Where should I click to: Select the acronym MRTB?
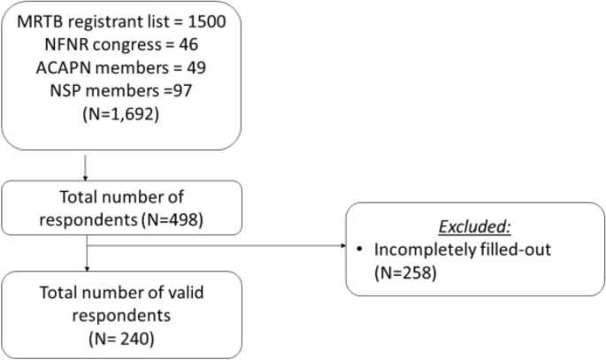[41, 20]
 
